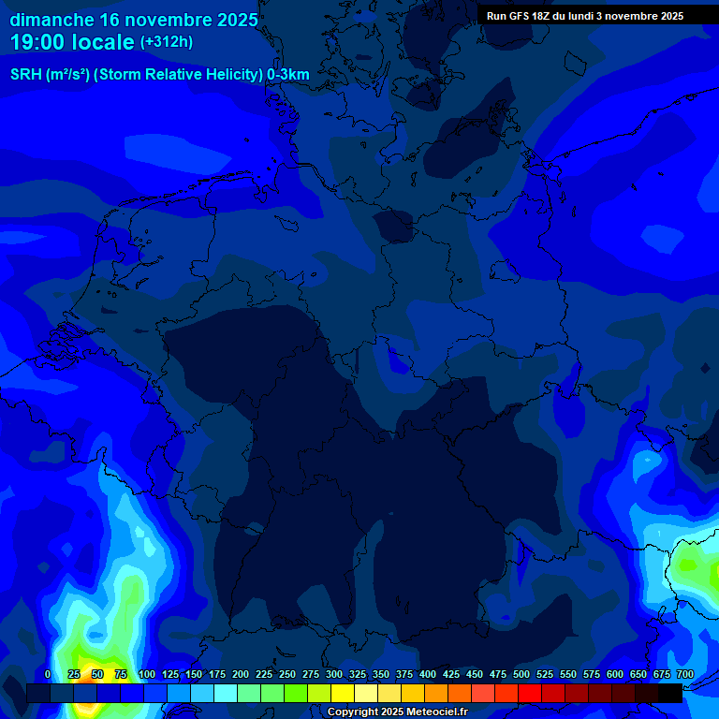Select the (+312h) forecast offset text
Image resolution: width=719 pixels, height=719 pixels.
coord(167,42)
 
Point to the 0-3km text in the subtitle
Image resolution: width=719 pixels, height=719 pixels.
coord(288,75)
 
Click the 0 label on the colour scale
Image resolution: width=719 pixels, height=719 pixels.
coord(48,674)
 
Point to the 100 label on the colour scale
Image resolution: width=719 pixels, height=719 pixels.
coord(147,674)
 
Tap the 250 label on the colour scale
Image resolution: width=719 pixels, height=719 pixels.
coord(287,674)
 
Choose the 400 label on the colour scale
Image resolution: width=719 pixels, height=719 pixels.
coord(428,674)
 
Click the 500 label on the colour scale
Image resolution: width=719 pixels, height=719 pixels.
coord(521,674)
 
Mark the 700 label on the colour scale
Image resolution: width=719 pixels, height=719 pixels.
coord(685,674)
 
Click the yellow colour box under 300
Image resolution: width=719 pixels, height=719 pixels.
coord(343,693)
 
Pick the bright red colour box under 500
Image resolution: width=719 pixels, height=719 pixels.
coord(530,693)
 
